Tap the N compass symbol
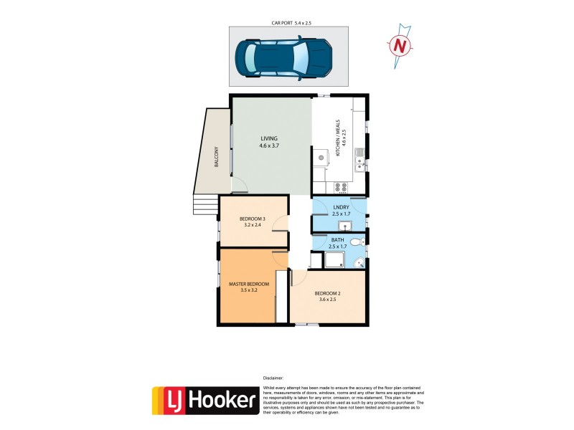coord(400,46)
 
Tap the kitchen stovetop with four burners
coord(342,188)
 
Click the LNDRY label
coord(340,207)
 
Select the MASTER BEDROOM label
coord(248,285)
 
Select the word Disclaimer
coord(273,377)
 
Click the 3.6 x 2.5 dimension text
coord(327,300)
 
